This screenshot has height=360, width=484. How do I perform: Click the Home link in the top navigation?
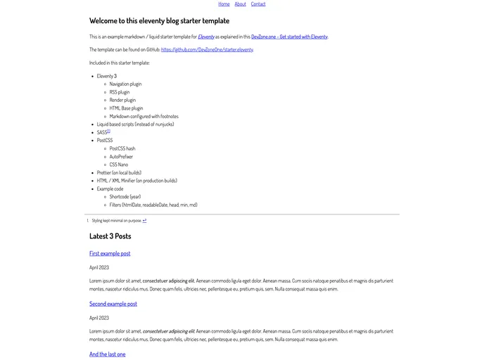pyautogui.click(x=224, y=4)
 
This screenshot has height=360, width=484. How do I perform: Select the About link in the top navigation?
pyautogui.click(x=241, y=4)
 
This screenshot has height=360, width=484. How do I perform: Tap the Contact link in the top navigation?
pyautogui.click(x=258, y=4)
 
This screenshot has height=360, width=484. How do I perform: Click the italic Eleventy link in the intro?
pyautogui.click(x=206, y=37)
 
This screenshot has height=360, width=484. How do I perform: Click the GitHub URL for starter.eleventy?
pyautogui.click(x=207, y=50)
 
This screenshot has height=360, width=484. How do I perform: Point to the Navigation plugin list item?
pyautogui.click(x=125, y=84)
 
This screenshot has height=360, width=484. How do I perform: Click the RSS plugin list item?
pyautogui.click(x=120, y=92)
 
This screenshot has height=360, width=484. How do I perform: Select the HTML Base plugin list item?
pyautogui.click(x=126, y=108)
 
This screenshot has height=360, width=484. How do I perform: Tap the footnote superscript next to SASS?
pyautogui.click(x=108, y=131)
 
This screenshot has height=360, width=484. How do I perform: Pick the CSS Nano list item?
pyautogui.click(x=119, y=165)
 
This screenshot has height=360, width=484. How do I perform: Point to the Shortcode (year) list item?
pyautogui.click(x=125, y=197)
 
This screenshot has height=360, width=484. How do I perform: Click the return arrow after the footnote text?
pyautogui.click(x=144, y=220)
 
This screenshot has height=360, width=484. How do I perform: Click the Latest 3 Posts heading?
pyautogui.click(x=110, y=236)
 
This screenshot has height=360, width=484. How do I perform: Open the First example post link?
pyautogui.click(x=110, y=253)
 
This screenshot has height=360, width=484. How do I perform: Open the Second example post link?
pyautogui.click(x=113, y=304)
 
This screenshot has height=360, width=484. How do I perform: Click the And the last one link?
pyautogui.click(x=108, y=354)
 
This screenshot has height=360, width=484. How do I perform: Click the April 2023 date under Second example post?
pyautogui.click(x=99, y=318)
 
